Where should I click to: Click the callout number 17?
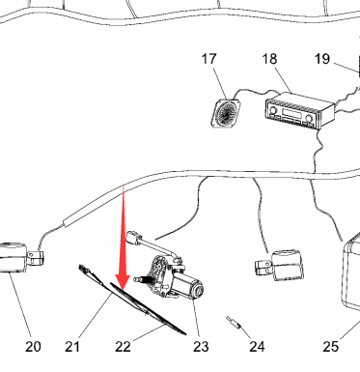[x=209, y=59]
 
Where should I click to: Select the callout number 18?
[x=269, y=59]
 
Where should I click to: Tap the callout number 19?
[x=322, y=59]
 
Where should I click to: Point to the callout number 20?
[x=33, y=347]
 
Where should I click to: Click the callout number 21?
[x=72, y=347]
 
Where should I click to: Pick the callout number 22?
[x=124, y=347]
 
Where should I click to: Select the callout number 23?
[x=201, y=347]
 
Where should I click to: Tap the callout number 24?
[x=258, y=347]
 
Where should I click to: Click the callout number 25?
[x=331, y=347]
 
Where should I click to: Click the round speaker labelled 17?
[x=226, y=113]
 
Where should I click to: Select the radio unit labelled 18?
[x=299, y=111]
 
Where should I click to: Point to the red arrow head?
[x=123, y=283]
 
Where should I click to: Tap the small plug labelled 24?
[x=234, y=323]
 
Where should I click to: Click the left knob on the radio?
[x=273, y=110]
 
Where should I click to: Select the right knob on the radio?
[x=309, y=118]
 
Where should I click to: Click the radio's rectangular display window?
[x=291, y=114]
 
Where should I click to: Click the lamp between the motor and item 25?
[x=280, y=265]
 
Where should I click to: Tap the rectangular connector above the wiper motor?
[x=133, y=238]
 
